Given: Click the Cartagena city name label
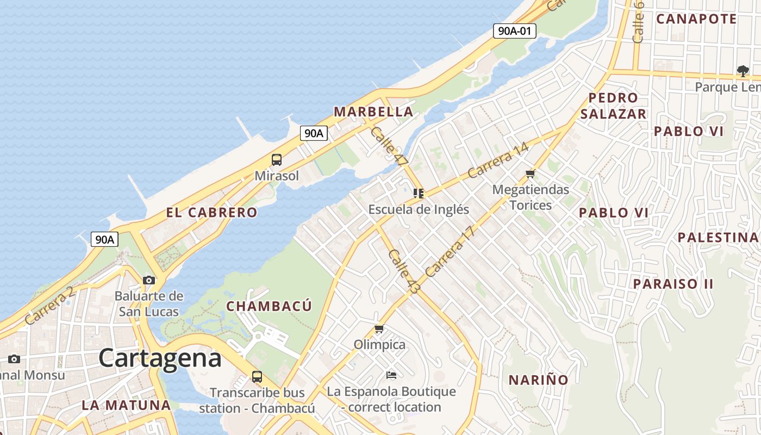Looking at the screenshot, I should pos(160,358).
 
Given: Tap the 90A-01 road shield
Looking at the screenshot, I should pos(514,31).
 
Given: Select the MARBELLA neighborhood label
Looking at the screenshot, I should pos(373,112).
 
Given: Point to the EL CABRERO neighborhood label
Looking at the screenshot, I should pos(211,213).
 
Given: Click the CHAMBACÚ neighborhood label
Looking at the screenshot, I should pos(269,306).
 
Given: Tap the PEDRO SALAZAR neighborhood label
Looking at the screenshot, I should pos(613,106).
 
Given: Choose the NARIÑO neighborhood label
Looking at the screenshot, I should pos(538,380).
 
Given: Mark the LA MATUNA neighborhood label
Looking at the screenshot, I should pos(126,405).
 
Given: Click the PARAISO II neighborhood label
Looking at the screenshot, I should pos(673,284).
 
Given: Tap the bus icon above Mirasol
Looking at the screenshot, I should pos(277,160).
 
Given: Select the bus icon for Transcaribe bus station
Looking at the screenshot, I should pos(257,376).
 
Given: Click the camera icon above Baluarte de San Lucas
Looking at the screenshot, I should pos(148,280).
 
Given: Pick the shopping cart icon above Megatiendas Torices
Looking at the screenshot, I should pos(531,174).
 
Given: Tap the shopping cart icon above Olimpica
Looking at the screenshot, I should pos(379,328).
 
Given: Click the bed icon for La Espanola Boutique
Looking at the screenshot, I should pos(391,375).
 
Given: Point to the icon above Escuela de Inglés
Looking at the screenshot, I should pos(418,194).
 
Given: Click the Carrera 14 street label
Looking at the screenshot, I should pos(498,160).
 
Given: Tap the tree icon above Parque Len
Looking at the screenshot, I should pos(743,71).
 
